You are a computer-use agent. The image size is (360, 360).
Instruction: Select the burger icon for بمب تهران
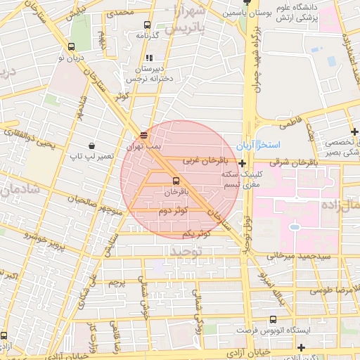pyautogui.click(x=144, y=135)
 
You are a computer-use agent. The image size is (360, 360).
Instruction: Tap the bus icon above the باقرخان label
pyautogui.click(x=176, y=180)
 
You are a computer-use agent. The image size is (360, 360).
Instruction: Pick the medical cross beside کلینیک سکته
pyautogui.click(x=243, y=163)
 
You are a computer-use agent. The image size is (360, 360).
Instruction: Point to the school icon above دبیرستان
pyautogui.click(x=148, y=58)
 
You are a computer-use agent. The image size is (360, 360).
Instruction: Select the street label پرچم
pyautogui.click(x=117, y=283)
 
